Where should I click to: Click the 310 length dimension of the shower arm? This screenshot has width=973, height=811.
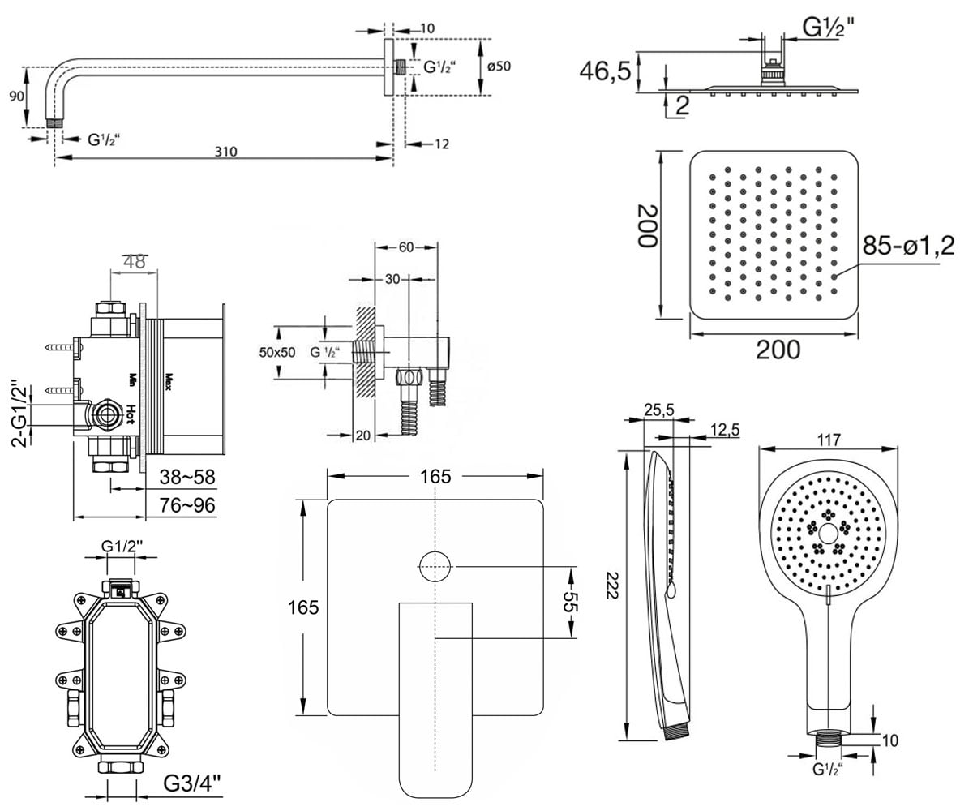tap(226, 152)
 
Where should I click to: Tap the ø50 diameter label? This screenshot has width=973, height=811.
tap(499, 67)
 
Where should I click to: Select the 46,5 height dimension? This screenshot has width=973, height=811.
tap(605, 71)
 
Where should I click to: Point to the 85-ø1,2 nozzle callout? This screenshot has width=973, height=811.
tap(908, 245)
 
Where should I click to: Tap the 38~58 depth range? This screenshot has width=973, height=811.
tap(187, 477)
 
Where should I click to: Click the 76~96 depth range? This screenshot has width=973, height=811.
tap(187, 505)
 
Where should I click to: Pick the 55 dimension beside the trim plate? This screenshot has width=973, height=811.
tap(570, 602)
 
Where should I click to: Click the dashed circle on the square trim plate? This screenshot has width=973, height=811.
tap(435, 567)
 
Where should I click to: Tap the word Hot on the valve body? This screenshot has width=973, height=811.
tap(131, 414)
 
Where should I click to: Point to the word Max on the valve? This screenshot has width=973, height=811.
tap(169, 382)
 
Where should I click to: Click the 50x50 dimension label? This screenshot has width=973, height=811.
tap(277, 352)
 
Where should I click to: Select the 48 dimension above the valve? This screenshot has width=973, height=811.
tap(135, 262)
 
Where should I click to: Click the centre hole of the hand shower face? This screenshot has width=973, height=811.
tap(828, 533)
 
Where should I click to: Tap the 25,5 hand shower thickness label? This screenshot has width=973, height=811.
tap(659, 410)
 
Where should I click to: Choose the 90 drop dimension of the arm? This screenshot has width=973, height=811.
tap(16, 97)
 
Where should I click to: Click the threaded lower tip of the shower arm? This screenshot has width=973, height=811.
tap(55, 123)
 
